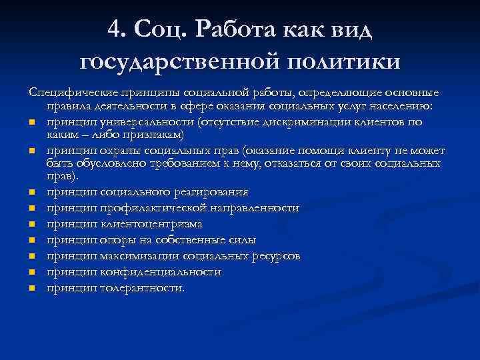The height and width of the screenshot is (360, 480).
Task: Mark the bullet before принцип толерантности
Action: [32, 289]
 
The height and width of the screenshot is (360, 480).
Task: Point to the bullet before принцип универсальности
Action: [32, 121]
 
